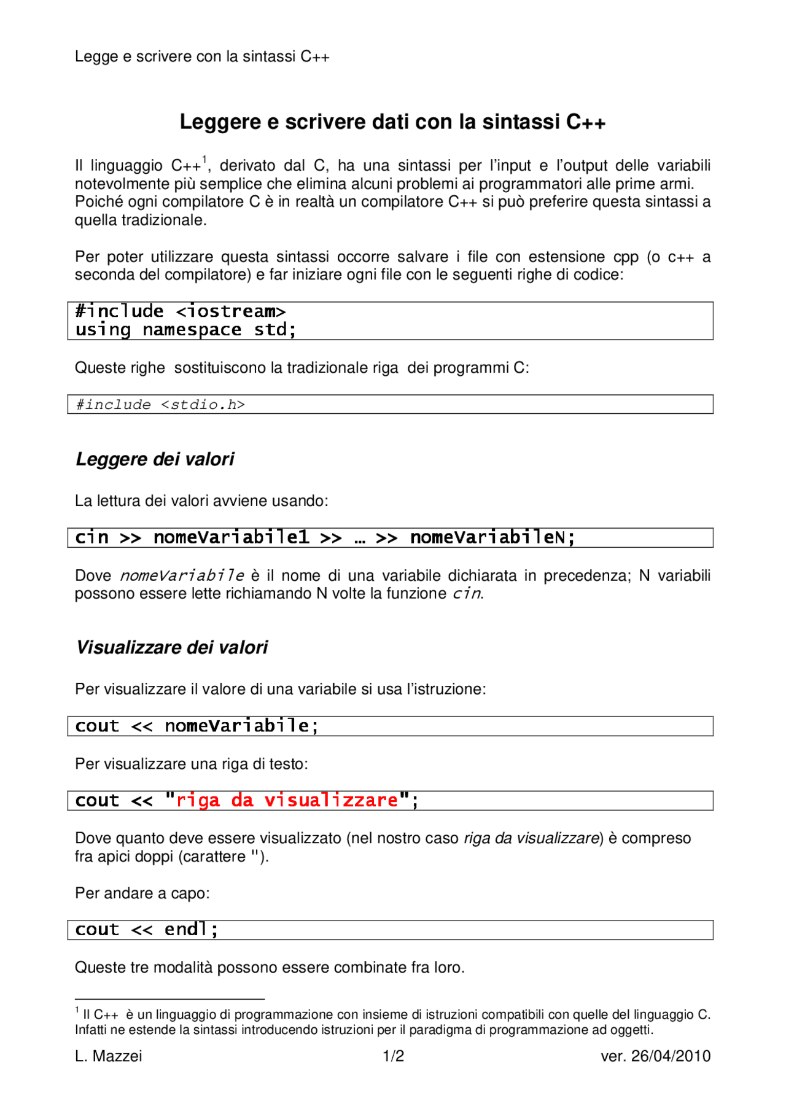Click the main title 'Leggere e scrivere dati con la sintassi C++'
coord(392,122)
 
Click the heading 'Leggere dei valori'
coord(155,459)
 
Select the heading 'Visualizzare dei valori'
coord(171,647)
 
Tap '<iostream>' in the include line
coord(231,311)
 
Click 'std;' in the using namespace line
coord(275,330)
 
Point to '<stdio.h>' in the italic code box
coord(203,405)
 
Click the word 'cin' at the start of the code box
coord(91,537)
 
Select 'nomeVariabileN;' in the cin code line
coord(492,537)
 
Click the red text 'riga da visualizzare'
coord(287,801)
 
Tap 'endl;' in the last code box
coord(191,930)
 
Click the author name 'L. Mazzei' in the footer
coord(108,1056)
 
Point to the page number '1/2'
coord(393,1056)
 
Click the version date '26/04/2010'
coord(671,1056)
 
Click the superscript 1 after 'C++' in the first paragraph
coord(204,159)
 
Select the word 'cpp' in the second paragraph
coord(625,257)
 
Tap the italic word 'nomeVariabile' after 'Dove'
coord(182,576)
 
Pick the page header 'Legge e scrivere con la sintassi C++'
coord(202,56)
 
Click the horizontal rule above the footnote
coord(169,1000)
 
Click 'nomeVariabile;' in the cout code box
coord(241,726)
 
